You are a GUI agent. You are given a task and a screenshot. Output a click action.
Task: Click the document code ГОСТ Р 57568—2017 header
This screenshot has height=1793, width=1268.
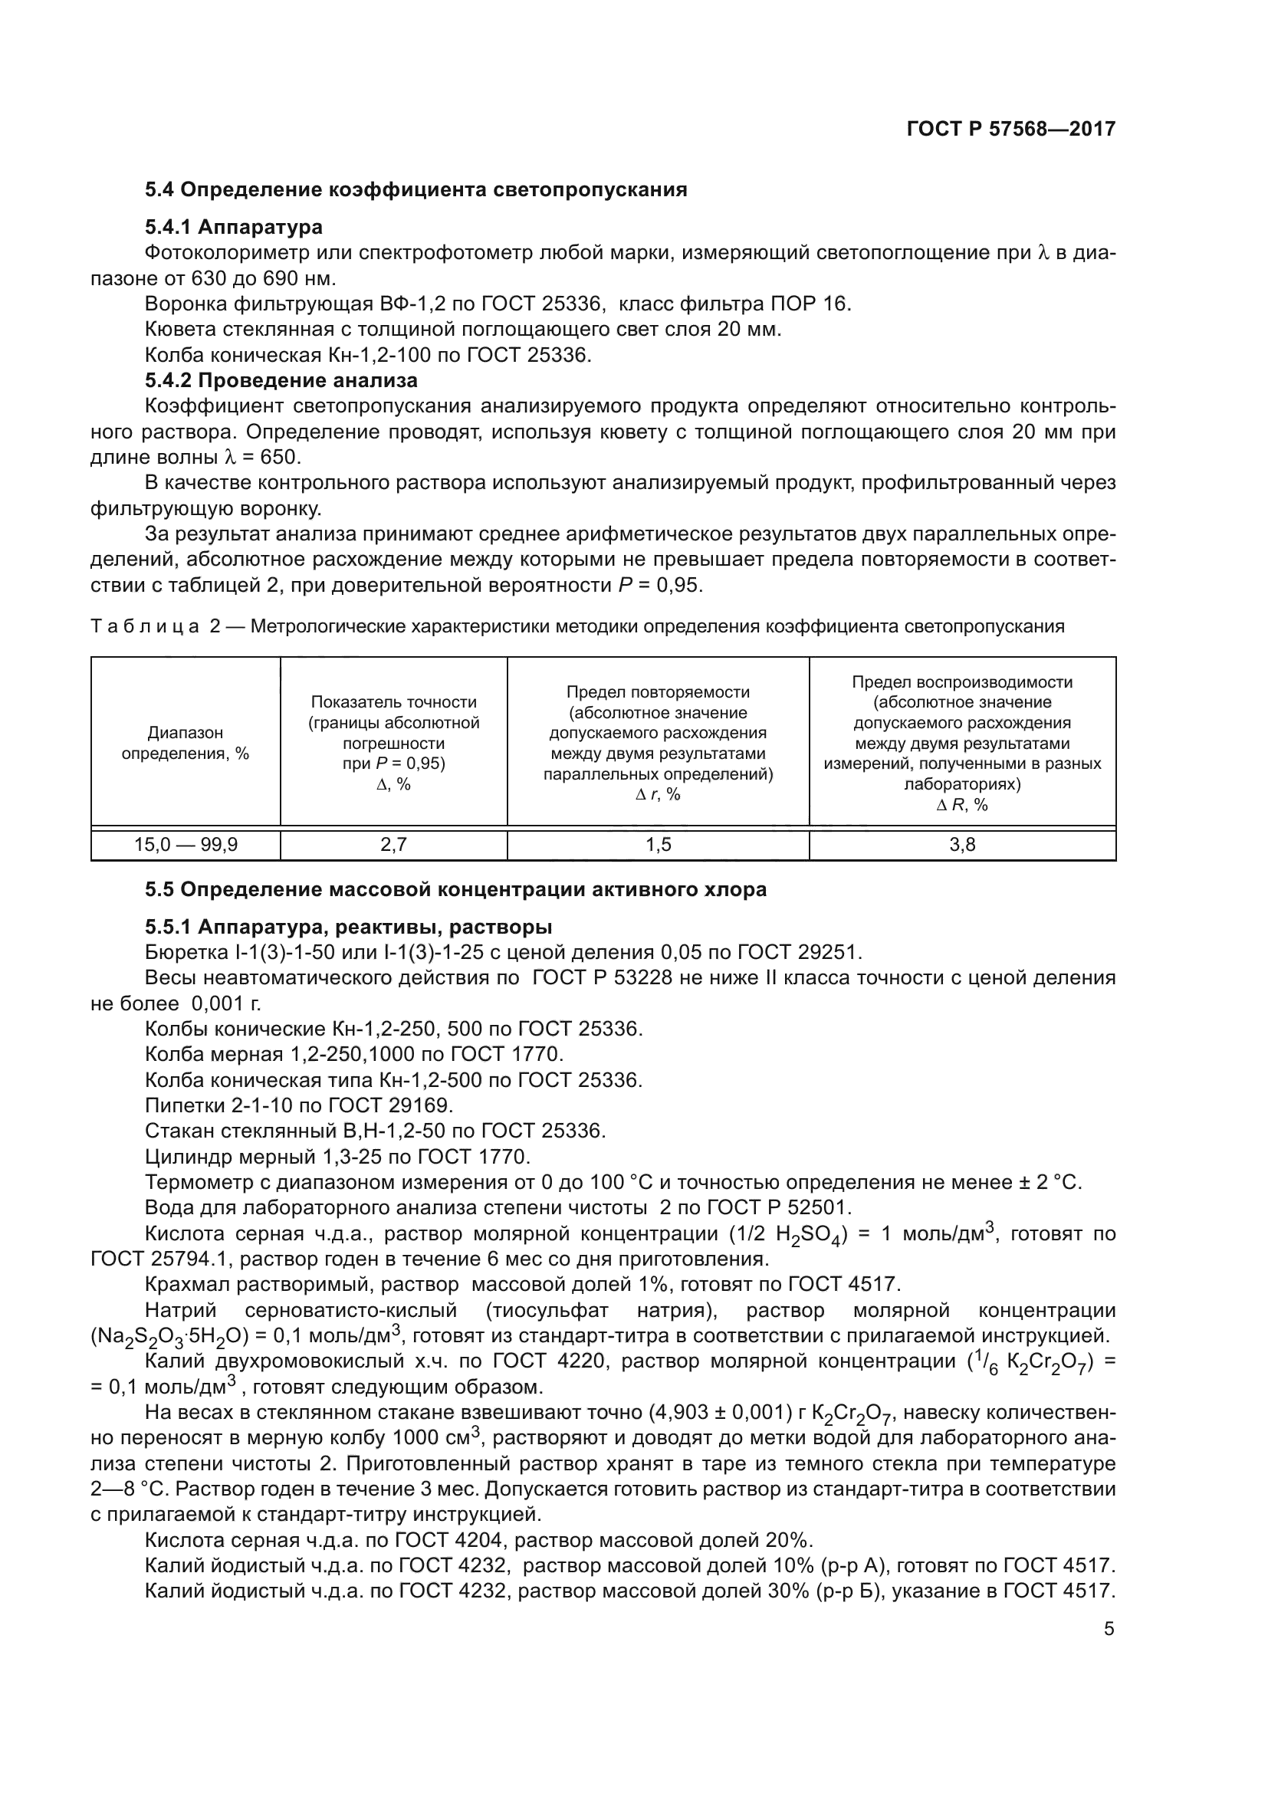tap(1010, 129)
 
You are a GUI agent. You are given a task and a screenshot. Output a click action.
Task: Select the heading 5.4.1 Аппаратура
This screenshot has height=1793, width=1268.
tap(234, 227)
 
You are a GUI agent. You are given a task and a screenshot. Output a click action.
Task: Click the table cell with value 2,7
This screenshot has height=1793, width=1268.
tap(393, 844)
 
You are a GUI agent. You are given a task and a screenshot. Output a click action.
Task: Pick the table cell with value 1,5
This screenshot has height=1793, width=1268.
tap(659, 844)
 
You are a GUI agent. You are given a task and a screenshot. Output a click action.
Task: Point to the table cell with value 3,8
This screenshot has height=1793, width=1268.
tap(962, 844)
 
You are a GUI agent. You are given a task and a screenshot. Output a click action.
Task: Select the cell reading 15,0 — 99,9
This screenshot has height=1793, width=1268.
tap(186, 844)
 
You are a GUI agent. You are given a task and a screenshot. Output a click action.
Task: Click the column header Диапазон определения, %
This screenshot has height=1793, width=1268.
tap(186, 743)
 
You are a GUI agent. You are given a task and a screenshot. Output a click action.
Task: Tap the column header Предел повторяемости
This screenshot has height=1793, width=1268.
tap(659, 692)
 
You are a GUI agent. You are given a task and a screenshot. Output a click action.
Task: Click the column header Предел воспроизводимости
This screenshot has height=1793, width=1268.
tap(962, 681)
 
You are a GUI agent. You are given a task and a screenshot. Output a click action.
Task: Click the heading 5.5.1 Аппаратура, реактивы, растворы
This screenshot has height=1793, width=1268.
tap(348, 927)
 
